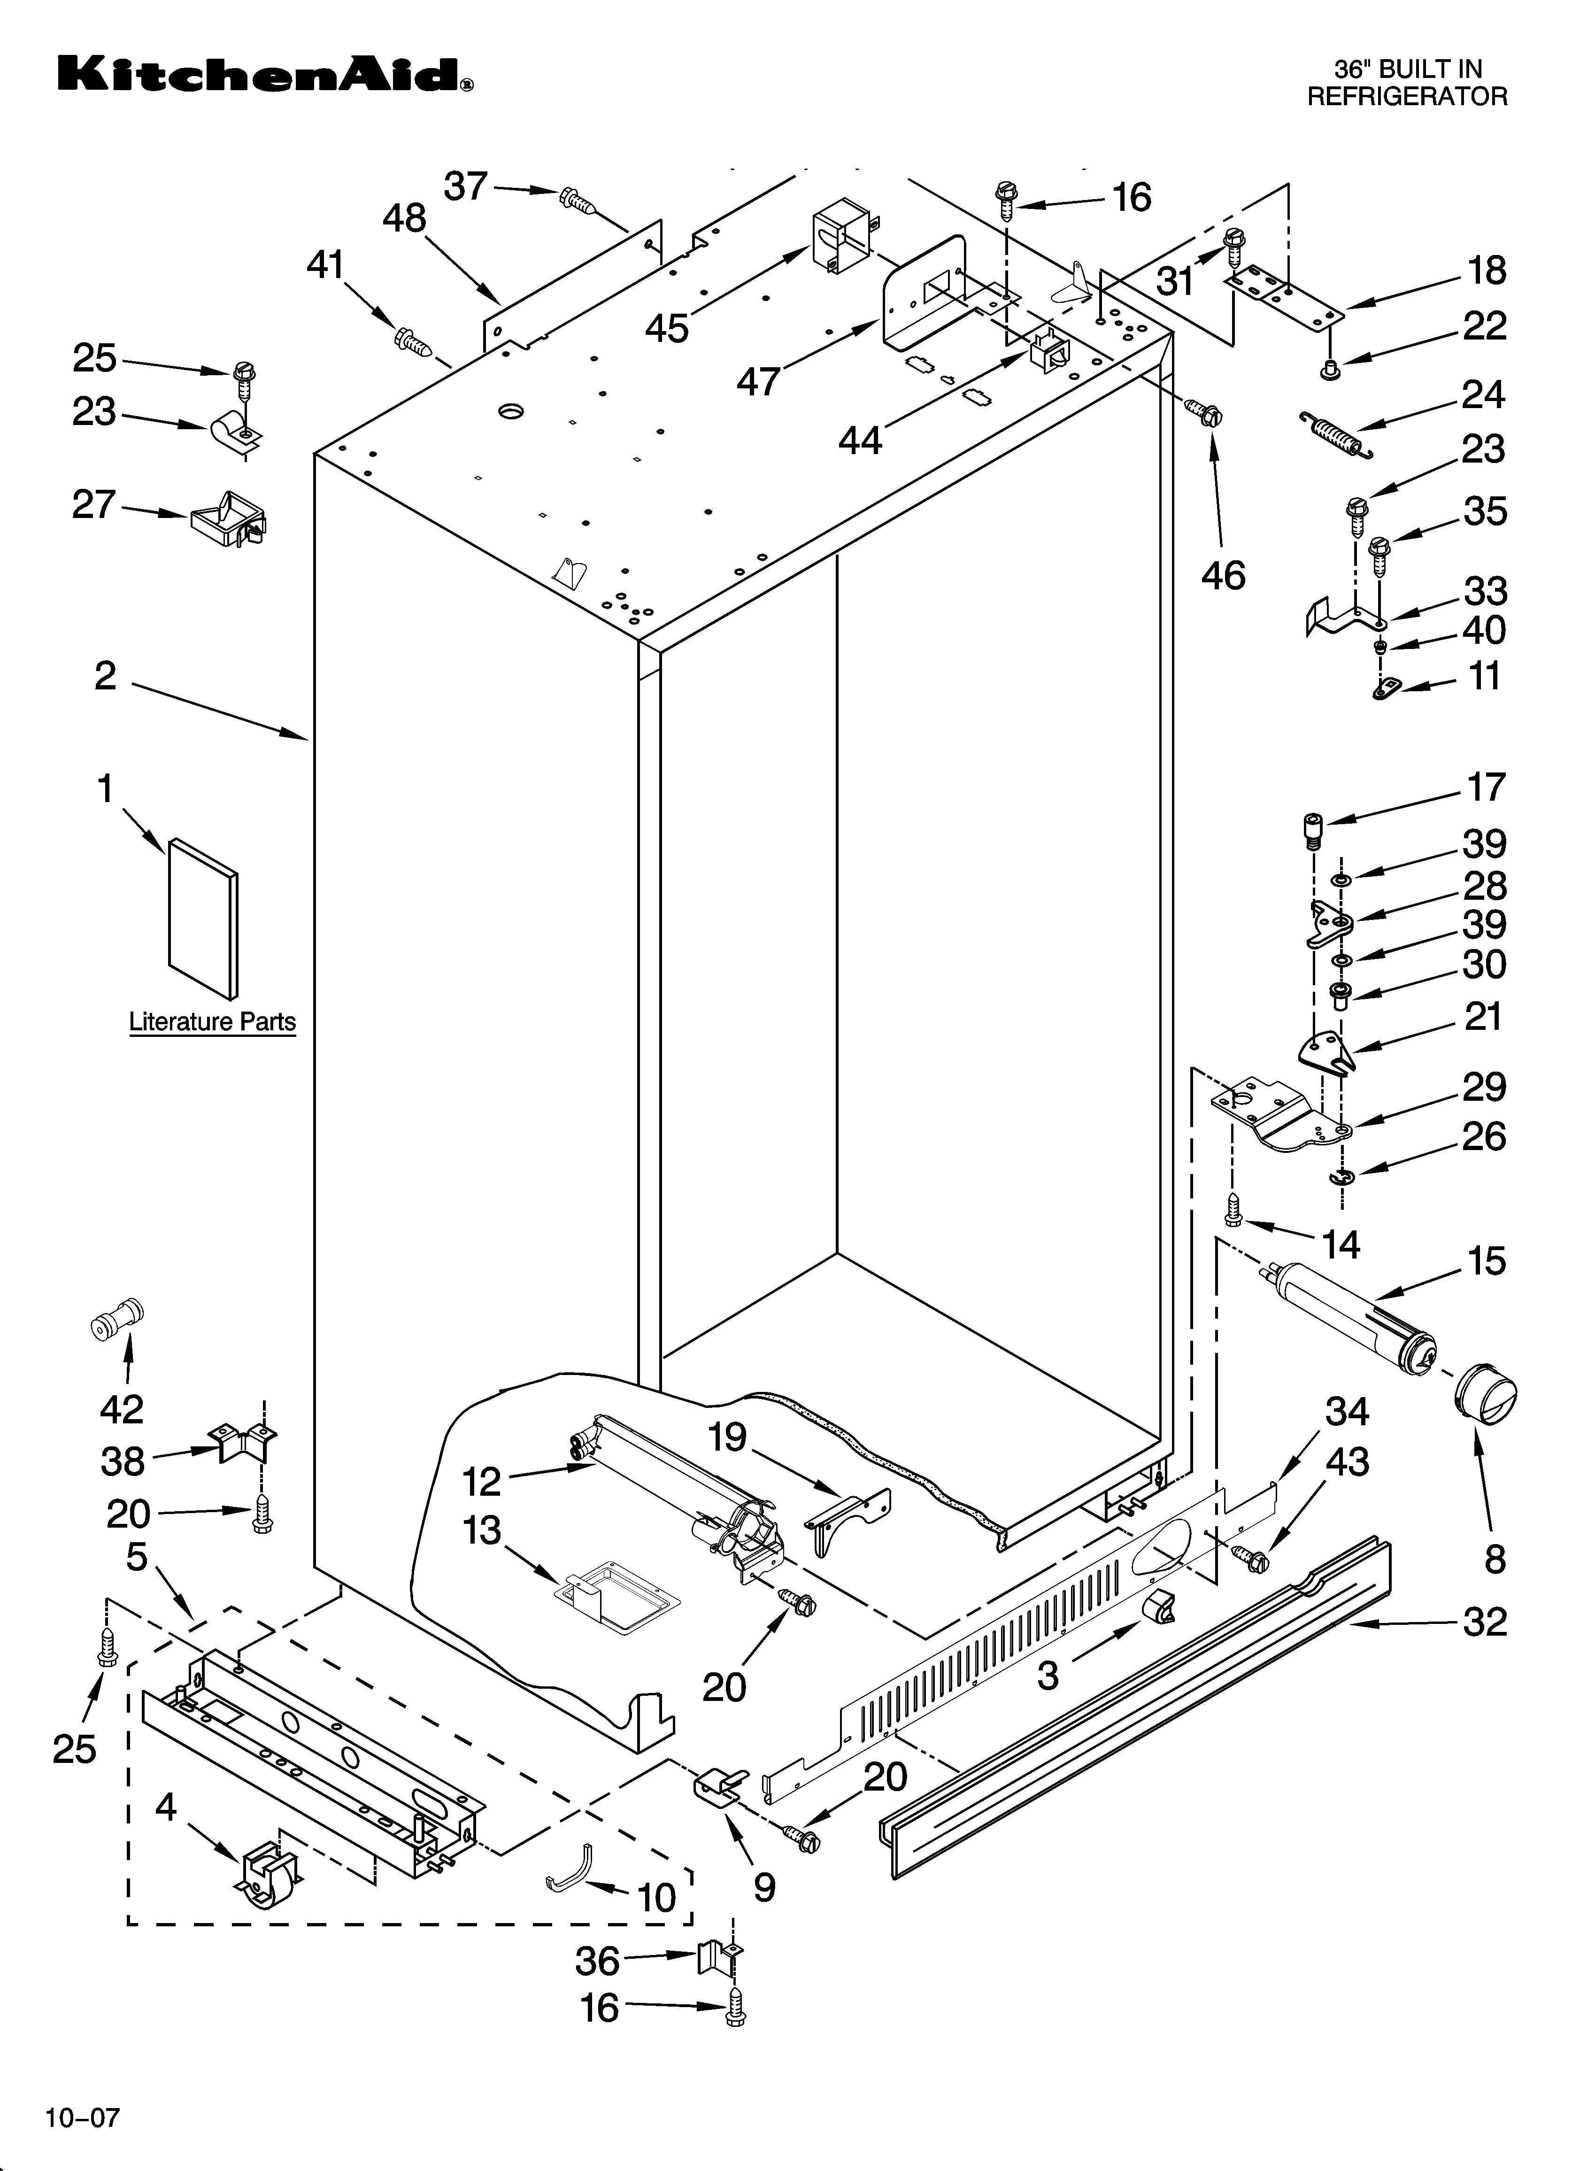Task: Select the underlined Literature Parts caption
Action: pyautogui.click(x=213, y=1022)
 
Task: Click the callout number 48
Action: pyautogui.click(x=404, y=219)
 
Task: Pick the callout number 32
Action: pyautogui.click(x=1484, y=1622)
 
